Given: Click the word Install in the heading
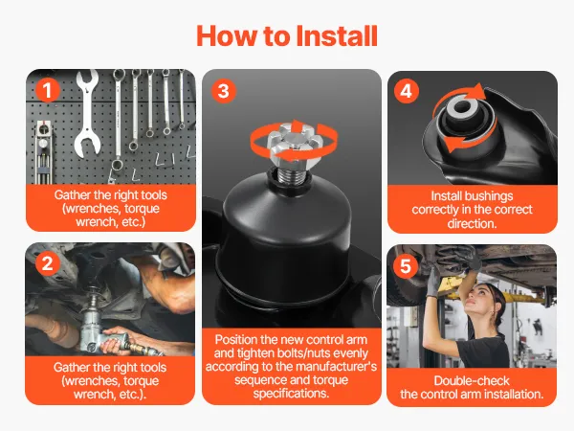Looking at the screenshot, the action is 337,36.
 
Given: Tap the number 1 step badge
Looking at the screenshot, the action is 48,91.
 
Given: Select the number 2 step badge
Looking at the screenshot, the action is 48,264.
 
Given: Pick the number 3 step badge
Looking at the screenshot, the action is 223,91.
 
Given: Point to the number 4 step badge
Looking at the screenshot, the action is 407,91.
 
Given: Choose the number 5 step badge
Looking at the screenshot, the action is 406,266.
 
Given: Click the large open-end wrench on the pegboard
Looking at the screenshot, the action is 88,114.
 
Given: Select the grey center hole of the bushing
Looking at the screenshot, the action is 462,107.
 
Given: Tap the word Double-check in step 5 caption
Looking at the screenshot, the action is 472,381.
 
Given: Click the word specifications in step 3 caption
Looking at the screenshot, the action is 291,394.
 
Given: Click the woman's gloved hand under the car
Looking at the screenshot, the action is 432,283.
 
